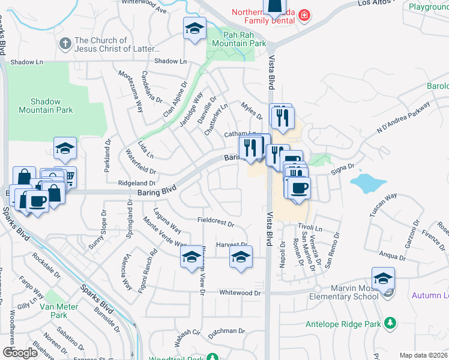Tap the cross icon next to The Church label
pos(65,44)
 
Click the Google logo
pos(20,352)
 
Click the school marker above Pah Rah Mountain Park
pos(194,29)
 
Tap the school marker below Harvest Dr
pos(240,257)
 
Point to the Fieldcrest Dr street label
pos(215,222)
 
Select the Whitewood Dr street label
pos(241,293)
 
